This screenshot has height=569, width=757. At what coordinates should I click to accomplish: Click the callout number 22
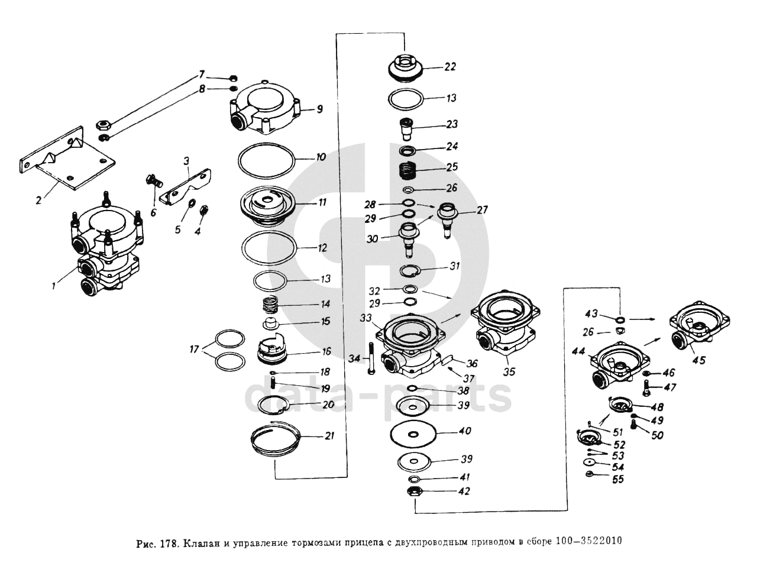pyautogui.click(x=450, y=67)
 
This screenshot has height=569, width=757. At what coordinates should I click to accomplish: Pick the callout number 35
pyautogui.click(x=509, y=372)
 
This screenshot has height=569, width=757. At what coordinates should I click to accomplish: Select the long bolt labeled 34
pyautogui.click(x=371, y=358)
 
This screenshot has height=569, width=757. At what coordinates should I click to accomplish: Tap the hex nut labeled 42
pyautogui.click(x=414, y=492)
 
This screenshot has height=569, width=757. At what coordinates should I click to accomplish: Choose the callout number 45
pyautogui.click(x=698, y=360)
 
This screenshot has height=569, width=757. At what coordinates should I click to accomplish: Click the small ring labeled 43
pyautogui.click(x=619, y=320)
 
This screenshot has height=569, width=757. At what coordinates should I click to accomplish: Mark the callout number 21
pyautogui.click(x=329, y=437)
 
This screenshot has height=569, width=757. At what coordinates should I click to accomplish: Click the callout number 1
pyautogui.click(x=53, y=286)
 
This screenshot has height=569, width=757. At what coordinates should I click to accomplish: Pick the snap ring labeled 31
pyautogui.click(x=410, y=271)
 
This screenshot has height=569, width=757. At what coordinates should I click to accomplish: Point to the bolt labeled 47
pyautogui.click(x=646, y=389)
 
